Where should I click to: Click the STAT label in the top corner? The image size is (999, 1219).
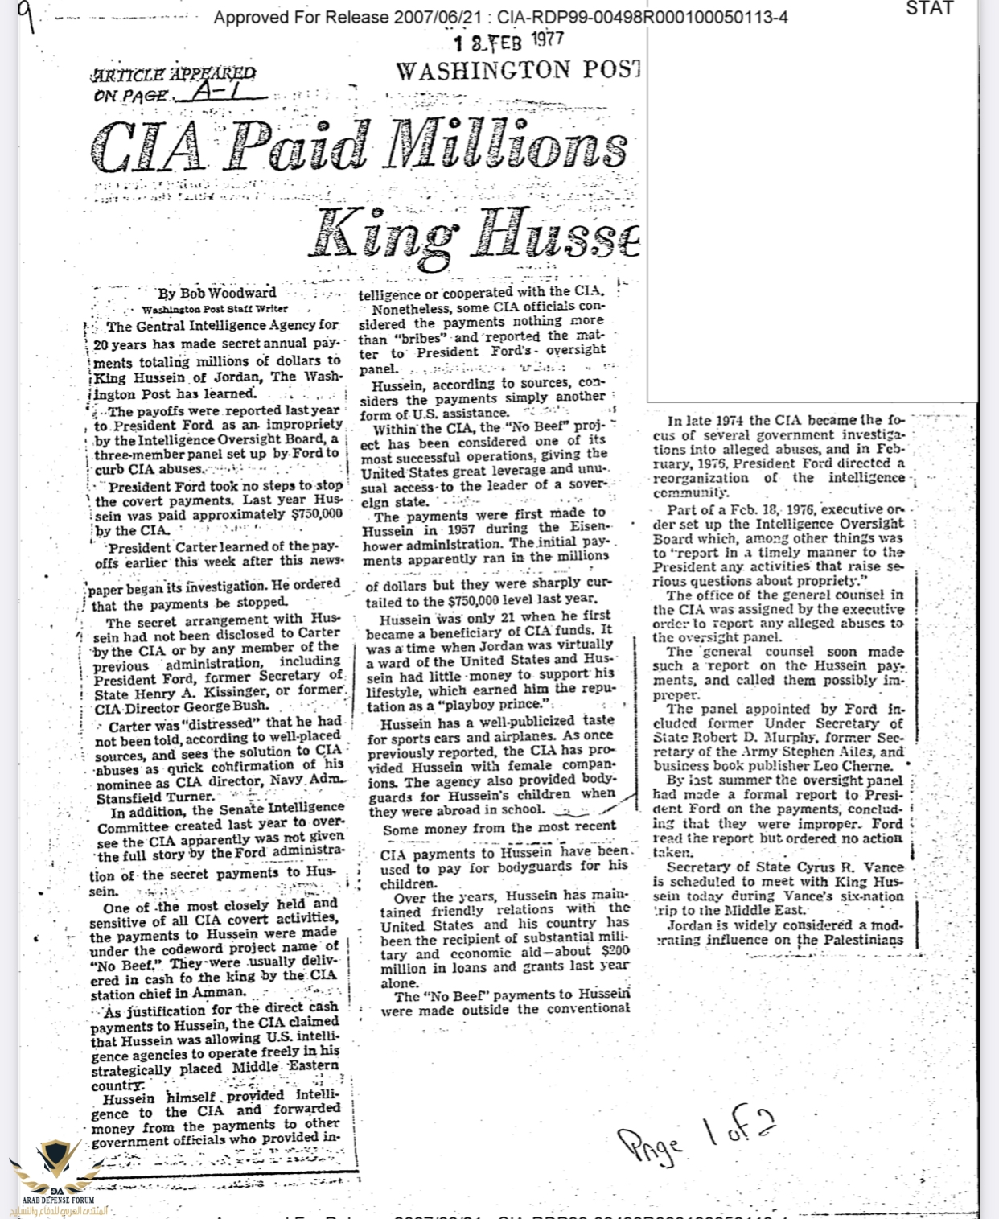pyautogui.click(x=929, y=9)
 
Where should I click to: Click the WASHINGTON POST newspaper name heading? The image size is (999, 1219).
pyautogui.click(x=518, y=71)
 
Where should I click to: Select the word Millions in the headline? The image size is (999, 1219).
pyautogui.click(x=504, y=148)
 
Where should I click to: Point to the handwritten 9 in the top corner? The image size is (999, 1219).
pyautogui.click(x=27, y=15)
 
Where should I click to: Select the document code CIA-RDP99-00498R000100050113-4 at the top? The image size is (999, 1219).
pyautogui.click(x=643, y=17)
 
